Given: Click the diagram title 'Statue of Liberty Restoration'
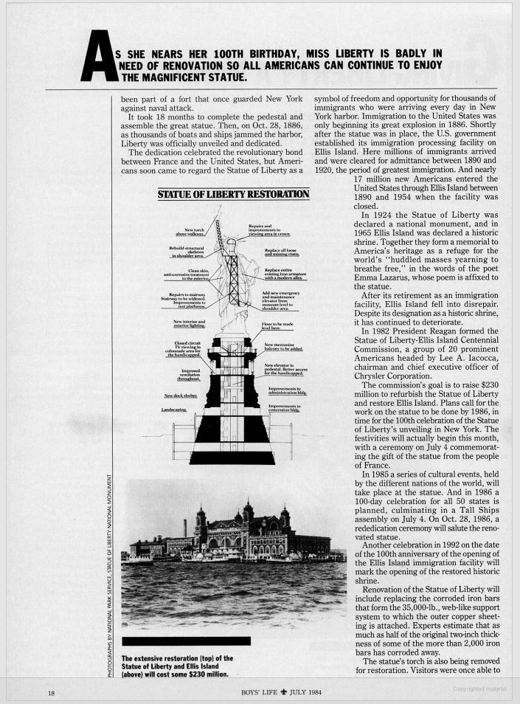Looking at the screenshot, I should [233, 194].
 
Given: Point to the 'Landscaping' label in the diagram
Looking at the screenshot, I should [174, 410].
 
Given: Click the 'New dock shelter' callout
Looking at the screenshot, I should [180, 396].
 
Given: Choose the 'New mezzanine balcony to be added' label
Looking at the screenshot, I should [283, 347].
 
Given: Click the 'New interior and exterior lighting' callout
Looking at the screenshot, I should [189, 324].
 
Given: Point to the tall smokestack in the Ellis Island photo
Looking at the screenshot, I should [185, 527].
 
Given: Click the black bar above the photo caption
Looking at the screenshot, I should [186, 641].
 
